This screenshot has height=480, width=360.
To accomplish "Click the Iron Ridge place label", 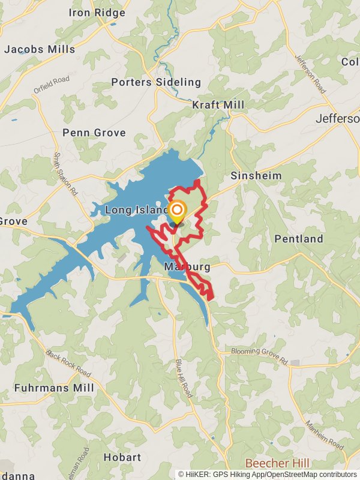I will (x=97, y=13).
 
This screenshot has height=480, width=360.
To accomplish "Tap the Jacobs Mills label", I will (x=40, y=49).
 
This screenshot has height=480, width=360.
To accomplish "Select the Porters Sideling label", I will (x=155, y=82).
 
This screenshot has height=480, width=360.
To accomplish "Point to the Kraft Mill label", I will (x=218, y=105).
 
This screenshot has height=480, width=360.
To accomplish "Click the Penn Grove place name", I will (x=94, y=133).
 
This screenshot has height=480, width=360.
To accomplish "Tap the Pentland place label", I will (x=299, y=239).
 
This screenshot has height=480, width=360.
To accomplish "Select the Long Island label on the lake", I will (x=136, y=210).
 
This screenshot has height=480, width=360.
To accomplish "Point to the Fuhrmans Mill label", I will (x=54, y=388).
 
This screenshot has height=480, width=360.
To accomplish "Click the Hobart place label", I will (x=122, y=457).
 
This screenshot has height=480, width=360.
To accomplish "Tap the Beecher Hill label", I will (x=277, y=464).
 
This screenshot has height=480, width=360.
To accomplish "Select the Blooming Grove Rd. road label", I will (x=260, y=355).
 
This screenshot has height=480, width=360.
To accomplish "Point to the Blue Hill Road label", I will (x=184, y=379).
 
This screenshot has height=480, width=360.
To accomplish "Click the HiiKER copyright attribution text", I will (x=268, y=474).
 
